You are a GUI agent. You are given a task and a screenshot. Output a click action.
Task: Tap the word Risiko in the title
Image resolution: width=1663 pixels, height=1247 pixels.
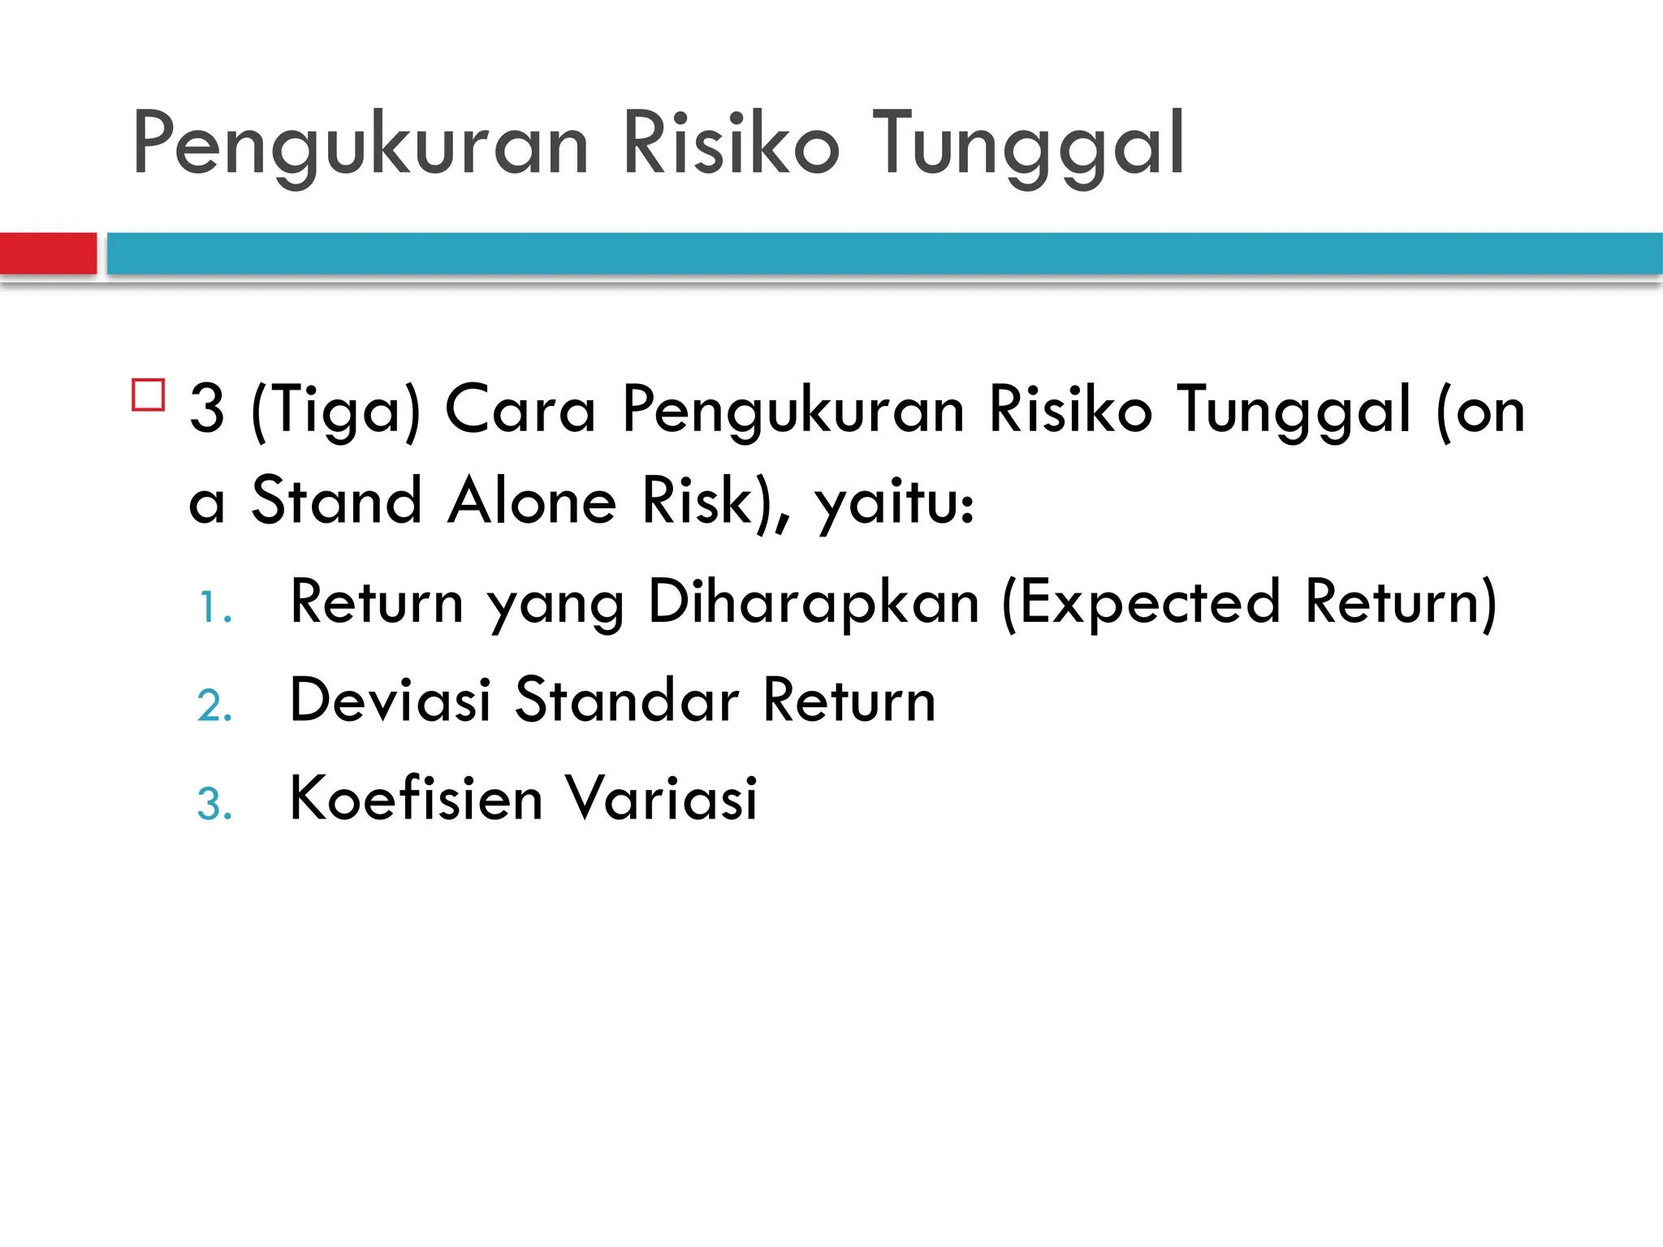[730, 145]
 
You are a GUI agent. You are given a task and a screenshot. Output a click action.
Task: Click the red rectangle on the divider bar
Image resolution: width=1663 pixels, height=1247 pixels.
[48, 253]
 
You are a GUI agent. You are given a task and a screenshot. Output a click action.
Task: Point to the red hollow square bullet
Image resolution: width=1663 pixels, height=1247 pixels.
[148, 395]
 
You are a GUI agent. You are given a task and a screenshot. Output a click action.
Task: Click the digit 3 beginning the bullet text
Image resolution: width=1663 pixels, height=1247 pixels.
[206, 409]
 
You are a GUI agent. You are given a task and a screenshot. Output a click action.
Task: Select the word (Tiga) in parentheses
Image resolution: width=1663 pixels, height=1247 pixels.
[336, 411]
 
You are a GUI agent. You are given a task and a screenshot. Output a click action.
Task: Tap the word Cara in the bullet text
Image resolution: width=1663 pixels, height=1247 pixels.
[520, 409]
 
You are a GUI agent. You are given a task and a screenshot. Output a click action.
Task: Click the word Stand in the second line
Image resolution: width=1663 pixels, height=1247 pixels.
[336, 501]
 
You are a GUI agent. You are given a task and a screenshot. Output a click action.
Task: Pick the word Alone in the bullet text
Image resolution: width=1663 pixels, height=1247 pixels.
[532, 501]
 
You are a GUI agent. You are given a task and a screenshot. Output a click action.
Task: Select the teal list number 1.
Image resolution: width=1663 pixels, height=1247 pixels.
[214, 608]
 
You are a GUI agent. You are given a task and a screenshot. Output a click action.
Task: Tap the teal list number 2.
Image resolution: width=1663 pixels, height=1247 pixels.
[214, 705]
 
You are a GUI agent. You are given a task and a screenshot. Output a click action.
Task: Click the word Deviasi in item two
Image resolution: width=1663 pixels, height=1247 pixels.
[391, 700]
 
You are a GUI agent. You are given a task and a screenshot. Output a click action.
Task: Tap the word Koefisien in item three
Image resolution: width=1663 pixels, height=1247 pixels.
[416, 798]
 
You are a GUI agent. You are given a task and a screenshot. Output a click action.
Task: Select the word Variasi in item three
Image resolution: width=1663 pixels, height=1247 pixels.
[661, 798]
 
